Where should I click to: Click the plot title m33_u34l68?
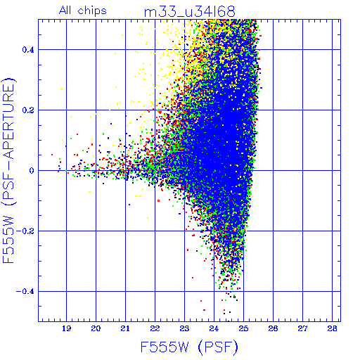(189, 12)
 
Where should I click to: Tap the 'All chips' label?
(83, 11)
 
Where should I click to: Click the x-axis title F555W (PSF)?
(189, 347)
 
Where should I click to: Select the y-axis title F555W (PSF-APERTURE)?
(9, 171)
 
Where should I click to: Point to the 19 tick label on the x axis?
(66, 328)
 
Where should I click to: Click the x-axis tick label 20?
(96, 328)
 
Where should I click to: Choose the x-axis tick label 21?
(125, 328)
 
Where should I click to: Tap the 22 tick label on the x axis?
(155, 328)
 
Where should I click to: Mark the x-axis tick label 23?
(184, 328)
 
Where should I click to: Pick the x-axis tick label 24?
(214, 328)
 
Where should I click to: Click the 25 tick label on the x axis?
(243, 328)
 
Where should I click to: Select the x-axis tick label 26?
(273, 328)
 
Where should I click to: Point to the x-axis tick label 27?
(302, 328)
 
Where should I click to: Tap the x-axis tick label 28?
(332, 328)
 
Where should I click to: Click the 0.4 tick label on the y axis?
(28, 50)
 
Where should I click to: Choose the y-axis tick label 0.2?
(28, 110)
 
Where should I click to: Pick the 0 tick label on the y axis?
(32, 171)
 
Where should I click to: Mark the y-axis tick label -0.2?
(25, 231)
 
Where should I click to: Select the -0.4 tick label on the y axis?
(25, 292)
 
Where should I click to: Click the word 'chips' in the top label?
(92, 11)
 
